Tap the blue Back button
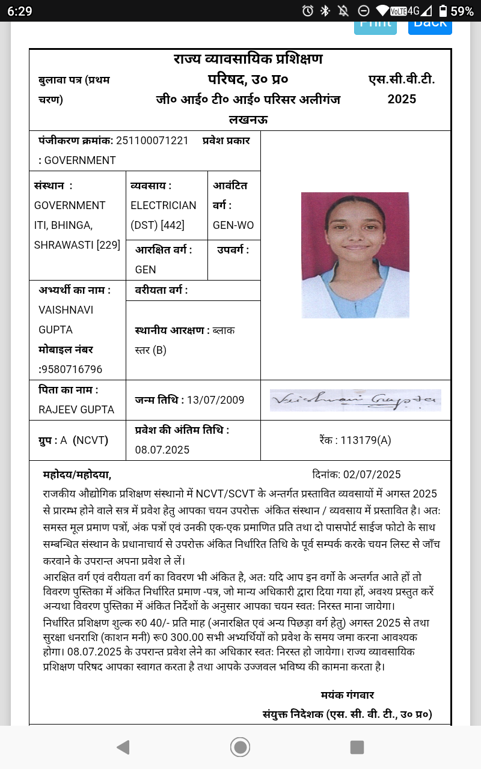tap(430, 25)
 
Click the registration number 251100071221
tap(152, 141)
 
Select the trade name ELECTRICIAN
tap(163, 205)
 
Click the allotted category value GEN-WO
tap(233, 225)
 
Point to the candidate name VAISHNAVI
tap(66, 310)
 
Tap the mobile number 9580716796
tap(73, 369)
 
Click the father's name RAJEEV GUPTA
tap(76, 410)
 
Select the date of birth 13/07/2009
tap(215, 400)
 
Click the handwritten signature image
tap(355, 400)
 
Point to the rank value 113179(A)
tap(366, 440)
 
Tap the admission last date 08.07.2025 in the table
tap(162, 450)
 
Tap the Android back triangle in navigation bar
tap(123, 747)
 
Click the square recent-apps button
tap(357, 747)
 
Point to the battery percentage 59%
tap(462, 11)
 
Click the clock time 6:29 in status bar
tap(20, 11)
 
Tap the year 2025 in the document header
tap(402, 99)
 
